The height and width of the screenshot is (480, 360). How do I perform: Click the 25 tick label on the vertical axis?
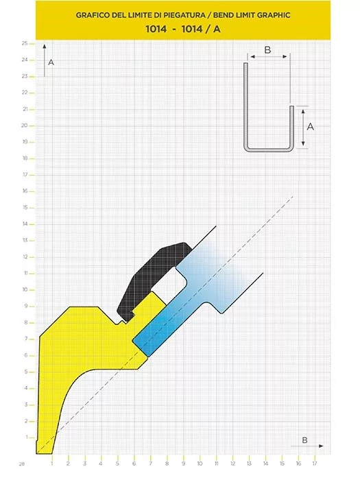click(25, 43)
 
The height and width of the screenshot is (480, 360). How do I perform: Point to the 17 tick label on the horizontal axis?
click(315, 464)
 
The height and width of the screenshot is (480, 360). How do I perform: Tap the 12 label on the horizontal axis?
click(232, 464)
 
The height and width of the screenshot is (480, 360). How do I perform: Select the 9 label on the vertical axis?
click(26, 306)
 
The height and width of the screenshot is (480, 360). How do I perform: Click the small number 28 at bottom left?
click(22, 464)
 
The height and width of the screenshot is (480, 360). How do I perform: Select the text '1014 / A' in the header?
click(201, 29)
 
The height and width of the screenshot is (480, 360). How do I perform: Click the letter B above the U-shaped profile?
click(267, 50)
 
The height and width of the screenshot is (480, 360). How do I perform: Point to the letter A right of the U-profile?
click(311, 126)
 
